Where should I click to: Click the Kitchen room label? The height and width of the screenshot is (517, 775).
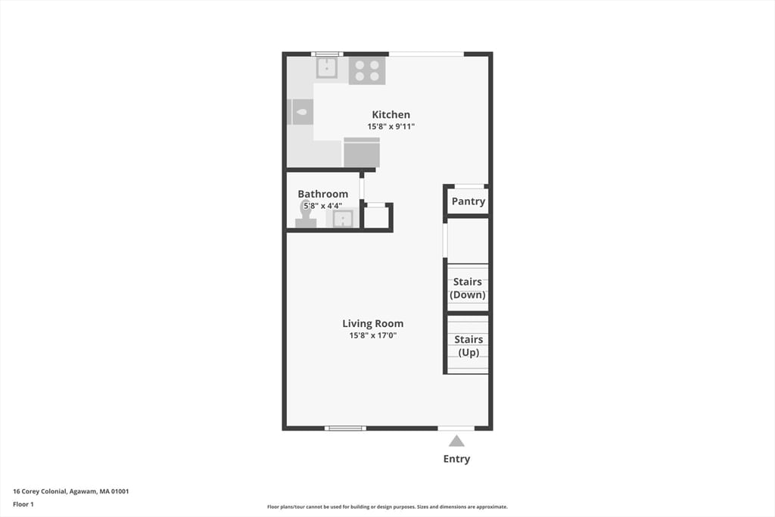(391, 114)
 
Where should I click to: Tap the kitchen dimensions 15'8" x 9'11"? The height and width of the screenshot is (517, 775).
(391, 126)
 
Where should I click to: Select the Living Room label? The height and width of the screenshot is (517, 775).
(372, 324)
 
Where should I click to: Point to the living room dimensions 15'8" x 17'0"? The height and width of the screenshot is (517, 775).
(372, 335)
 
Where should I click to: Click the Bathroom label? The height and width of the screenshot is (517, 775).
(322, 194)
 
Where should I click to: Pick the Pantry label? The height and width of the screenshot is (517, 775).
(468, 201)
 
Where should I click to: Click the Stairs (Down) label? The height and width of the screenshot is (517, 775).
(468, 288)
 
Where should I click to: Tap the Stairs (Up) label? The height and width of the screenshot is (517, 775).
(468, 345)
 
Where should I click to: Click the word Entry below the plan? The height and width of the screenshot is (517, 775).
(456, 459)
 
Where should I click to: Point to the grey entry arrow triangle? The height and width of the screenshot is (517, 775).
(456, 441)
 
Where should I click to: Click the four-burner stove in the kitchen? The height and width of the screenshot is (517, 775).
(367, 70)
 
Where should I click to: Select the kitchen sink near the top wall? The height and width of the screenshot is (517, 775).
(327, 67)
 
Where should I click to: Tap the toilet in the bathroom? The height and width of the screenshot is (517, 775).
(306, 215)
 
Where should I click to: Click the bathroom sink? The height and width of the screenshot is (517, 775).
(343, 218)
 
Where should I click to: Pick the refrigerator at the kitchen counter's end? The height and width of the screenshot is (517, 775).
(362, 152)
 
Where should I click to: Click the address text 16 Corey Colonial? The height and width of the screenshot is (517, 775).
(39, 491)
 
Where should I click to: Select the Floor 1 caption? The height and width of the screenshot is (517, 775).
(23, 505)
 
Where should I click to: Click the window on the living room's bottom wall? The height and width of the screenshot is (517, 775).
(345, 428)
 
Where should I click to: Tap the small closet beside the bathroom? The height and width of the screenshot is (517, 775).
(376, 217)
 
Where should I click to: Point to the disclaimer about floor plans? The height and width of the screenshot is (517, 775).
(387, 506)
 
